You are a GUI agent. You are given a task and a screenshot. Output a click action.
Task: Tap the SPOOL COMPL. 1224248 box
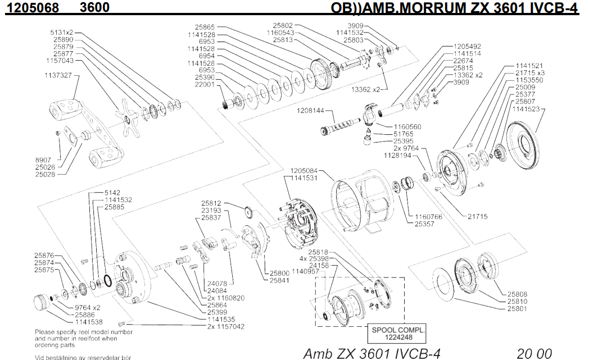coord(396,333)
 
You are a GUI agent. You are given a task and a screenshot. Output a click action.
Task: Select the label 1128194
coord(399,155)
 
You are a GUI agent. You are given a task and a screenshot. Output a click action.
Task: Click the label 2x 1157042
coord(226,326)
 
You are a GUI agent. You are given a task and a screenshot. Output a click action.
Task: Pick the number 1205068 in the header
coord(27,8)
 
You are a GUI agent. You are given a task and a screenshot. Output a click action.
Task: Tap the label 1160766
coord(429,217)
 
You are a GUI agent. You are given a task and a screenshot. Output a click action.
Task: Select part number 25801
coord(518,308)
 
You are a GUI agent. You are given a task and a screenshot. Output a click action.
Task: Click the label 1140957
coord(306,271)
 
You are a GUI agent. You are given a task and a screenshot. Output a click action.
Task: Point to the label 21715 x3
coord(529,73)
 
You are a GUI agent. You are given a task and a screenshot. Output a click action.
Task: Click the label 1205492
coord(467,46)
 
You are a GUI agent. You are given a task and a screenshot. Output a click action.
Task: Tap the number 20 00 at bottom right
coord(534,353)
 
